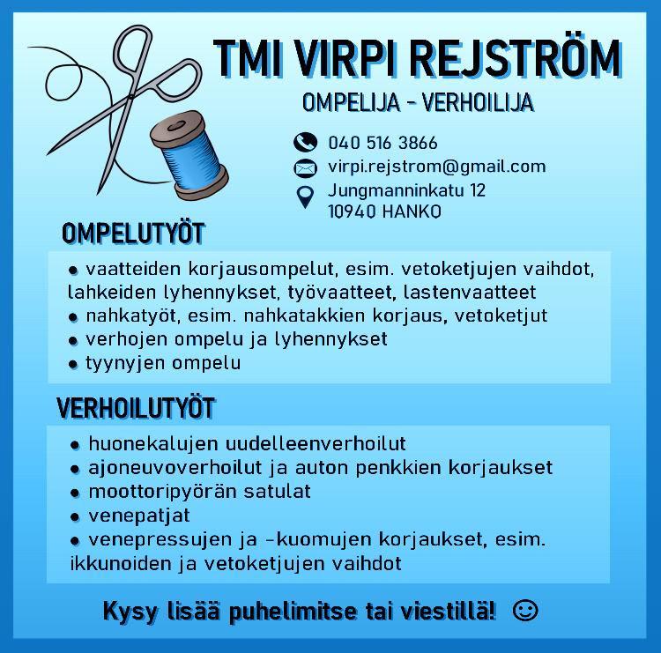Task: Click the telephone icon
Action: [305, 143]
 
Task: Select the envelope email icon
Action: [305, 167]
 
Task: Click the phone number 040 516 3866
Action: [382, 143]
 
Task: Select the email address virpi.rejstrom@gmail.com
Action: [436, 166]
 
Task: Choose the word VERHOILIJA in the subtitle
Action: [479, 103]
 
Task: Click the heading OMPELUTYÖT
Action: [132, 234]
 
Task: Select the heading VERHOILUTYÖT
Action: [136, 409]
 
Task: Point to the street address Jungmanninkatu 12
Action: [406, 189]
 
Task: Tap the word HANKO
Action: [412, 211]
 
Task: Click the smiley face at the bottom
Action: [524, 610]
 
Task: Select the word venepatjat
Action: [139, 515]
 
